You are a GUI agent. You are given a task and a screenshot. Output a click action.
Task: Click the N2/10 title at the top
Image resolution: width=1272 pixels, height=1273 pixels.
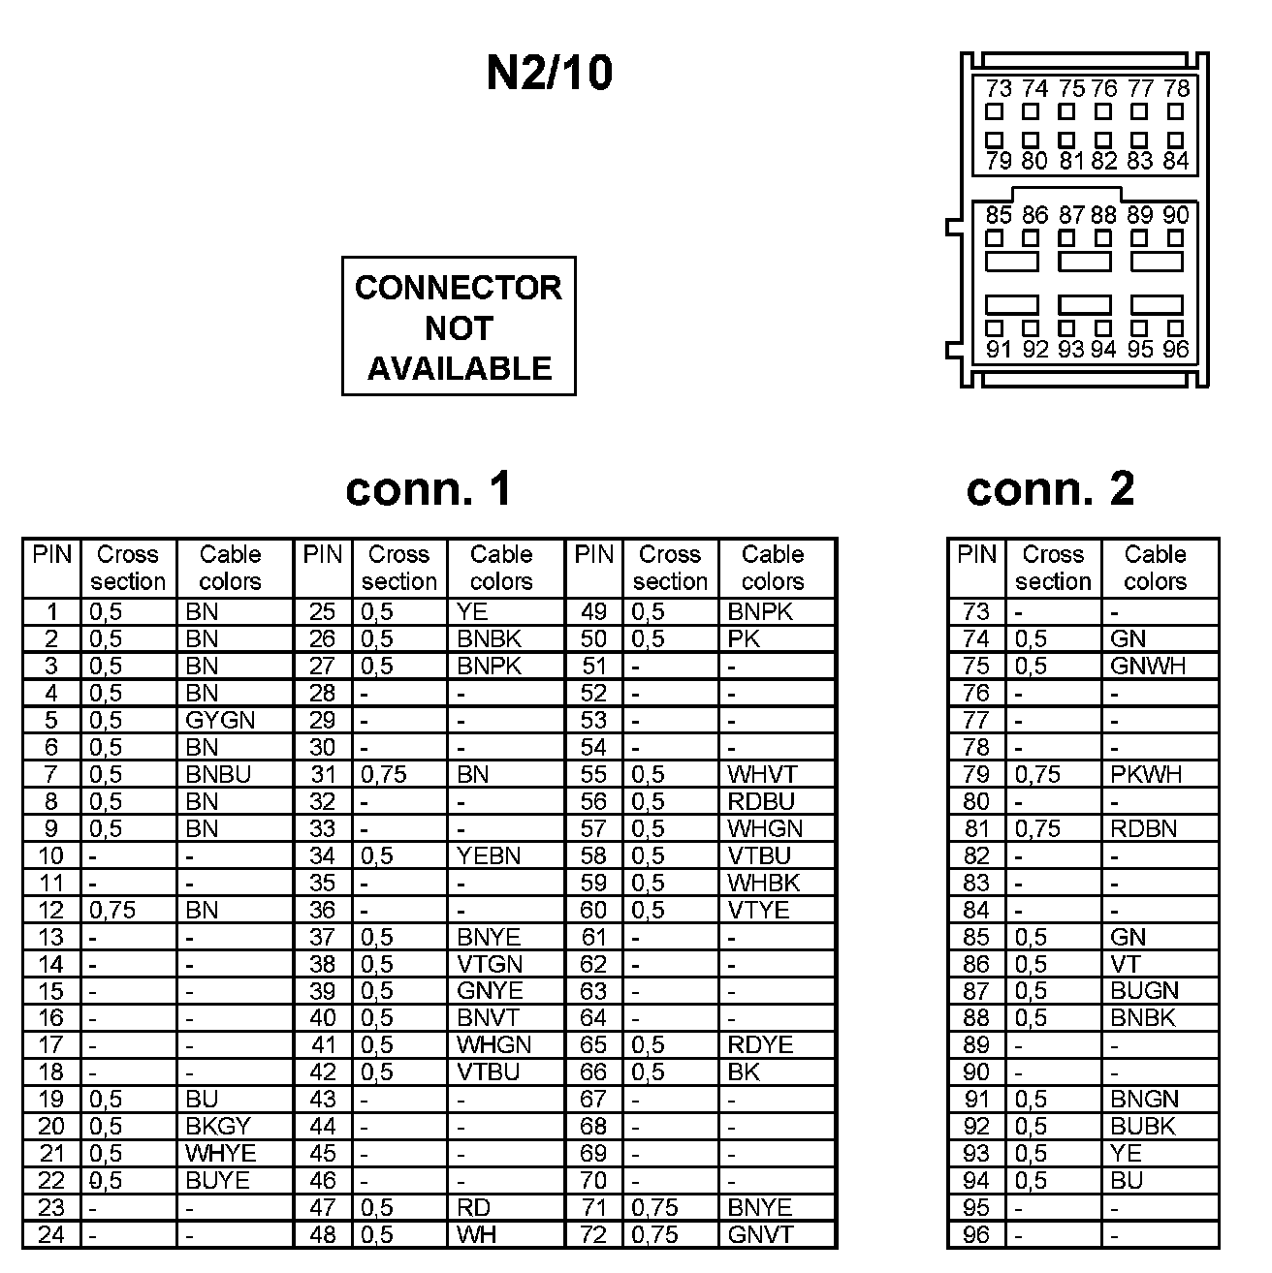click(x=549, y=73)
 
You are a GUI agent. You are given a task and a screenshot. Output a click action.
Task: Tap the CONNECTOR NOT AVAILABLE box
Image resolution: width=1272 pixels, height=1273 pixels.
click(x=459, y=326)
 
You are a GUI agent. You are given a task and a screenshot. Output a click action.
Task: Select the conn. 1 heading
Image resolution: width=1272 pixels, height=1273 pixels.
click(x=429, y=489)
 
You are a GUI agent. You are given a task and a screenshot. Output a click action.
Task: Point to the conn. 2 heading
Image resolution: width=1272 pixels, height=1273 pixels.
click(x=1050, y=489)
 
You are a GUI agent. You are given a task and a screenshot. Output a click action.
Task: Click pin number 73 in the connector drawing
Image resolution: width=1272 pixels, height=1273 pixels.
click(x=998, y=88)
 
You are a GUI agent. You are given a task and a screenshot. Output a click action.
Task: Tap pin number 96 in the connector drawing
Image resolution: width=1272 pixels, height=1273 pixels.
click(x=1175, y=350)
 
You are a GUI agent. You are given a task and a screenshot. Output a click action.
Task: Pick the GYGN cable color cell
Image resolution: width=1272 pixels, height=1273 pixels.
click(x=220, y=720)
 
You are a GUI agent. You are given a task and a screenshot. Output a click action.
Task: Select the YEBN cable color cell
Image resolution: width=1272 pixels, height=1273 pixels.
click(x=489, y=855)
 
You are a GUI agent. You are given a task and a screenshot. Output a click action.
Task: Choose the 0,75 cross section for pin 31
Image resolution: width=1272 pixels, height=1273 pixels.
click(x=384, y=774)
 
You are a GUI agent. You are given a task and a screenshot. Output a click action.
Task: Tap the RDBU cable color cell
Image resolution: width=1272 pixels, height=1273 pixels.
click(x=761, y=801)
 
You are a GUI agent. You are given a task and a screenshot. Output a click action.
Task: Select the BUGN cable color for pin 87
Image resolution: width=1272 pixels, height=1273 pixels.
click(x=1145, y=990)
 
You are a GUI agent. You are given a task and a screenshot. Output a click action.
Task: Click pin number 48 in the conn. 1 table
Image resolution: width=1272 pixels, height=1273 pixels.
click(x=322, y=1234)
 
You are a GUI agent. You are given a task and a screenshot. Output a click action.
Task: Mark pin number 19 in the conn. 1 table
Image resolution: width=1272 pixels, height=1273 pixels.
click(x=51, y=1099)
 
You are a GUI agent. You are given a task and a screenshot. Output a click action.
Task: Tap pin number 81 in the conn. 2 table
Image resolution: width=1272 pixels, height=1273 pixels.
click(x=976, y=828)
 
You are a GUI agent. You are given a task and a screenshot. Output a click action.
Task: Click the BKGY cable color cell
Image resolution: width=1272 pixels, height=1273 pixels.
click(x=218, y=1126)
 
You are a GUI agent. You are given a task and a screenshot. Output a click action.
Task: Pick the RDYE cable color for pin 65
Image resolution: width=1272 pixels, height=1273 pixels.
click(x=760, y=1044)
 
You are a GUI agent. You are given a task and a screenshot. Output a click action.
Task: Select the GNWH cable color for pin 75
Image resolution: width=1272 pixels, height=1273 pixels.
click(x=1148, y=666)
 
